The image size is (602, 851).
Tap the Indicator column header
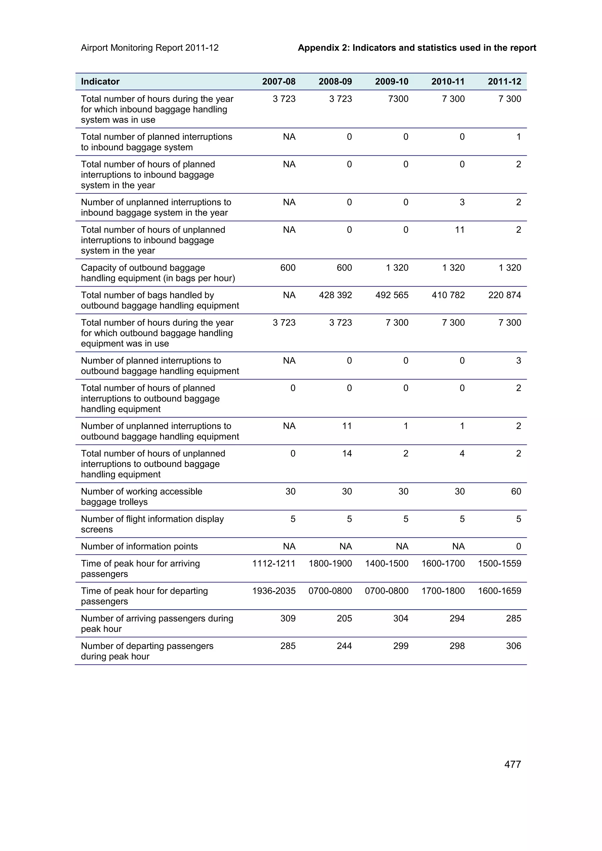click(x=100, y=82)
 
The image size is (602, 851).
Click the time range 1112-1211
click(x=274, y=564)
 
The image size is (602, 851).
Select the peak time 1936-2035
click(x=274, y=591)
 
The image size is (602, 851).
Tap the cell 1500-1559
click(x=499, y=564)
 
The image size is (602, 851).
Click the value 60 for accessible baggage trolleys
click(x=516, y=492)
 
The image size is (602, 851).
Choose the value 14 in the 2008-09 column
click(x=347, y=453)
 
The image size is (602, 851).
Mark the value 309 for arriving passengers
click(x=288, y=618)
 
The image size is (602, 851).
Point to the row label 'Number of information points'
click(x=139, y=546)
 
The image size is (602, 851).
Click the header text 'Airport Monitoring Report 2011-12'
click(x=150, y=48)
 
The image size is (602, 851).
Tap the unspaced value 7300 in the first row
click(x=398, y=99)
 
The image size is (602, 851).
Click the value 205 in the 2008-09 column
click(x=344, y=618)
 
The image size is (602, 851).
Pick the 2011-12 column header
click(x=504, y=82)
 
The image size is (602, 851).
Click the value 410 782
click(x=448, y=295)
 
